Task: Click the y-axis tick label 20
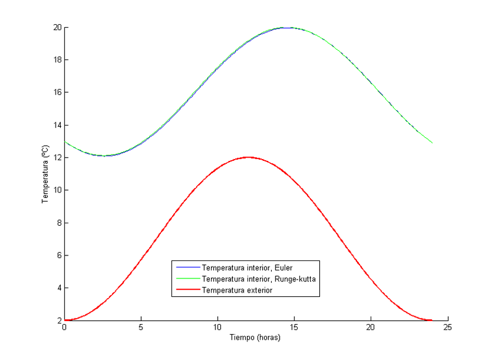56,27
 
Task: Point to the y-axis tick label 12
56,158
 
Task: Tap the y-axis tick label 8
58,223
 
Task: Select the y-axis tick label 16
56,93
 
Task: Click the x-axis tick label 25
447,327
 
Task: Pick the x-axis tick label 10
217,327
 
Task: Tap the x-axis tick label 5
141,327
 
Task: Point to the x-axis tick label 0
64,327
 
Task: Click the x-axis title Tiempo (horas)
256,338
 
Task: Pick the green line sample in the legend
188,279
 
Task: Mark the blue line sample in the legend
188,268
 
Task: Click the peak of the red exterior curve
248,157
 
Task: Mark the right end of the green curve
432,143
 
